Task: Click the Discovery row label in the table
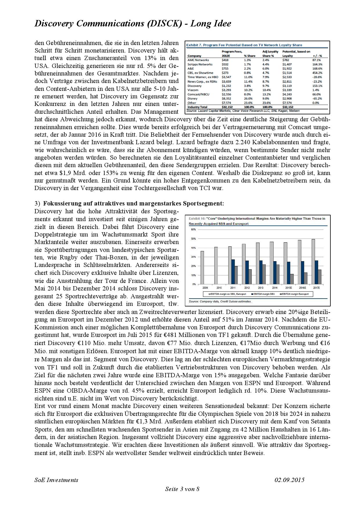tap(195, 86)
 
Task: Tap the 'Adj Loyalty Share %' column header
tap(270, 54)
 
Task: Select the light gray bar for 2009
tap(202, 268)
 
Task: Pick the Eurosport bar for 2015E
tap(292, 279)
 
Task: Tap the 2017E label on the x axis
tap(316, 288)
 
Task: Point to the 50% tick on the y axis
tap(193, 239)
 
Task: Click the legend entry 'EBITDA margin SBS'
tap(262, 294)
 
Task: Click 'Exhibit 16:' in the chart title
tap(197, 219)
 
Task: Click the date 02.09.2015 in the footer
tap(289, 480)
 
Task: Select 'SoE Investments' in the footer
tap(56, 480)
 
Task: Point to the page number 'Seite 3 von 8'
tap(182, 489)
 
